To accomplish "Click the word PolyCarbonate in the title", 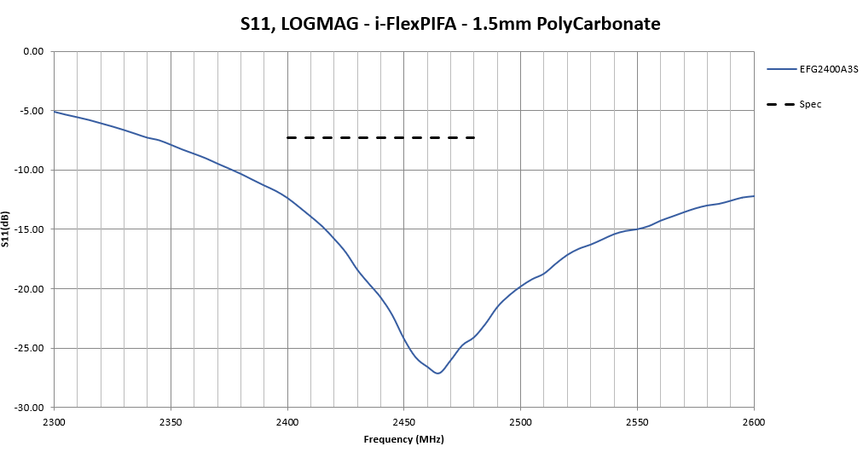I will pos(599,25).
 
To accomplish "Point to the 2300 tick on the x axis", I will pos(54,421).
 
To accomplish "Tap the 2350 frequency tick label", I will pos(171,421).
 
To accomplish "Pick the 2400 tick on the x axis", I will pos(287,421).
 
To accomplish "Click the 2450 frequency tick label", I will pos(404,421).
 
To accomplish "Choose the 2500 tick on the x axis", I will pos(520,421).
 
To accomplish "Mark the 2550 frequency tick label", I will pos(637,421).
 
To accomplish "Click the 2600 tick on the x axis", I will pos(754,421).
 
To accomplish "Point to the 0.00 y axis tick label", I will pos(33,51).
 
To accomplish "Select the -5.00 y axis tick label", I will pos(32,111).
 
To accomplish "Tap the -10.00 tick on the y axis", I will pos(30,170).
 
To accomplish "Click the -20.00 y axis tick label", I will pos(30,288).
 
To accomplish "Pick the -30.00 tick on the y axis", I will pos(30,408).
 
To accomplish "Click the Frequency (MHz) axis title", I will pos(403,439).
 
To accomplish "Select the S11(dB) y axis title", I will pos(6,229).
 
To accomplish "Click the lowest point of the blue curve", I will pos(437,374).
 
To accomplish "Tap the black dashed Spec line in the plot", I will pos(380,137).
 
